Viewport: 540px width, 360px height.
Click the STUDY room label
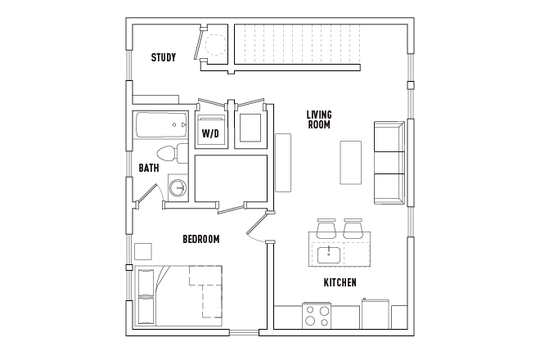click(x=164, y=58)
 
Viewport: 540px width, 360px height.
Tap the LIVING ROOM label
click(x=318, y=119)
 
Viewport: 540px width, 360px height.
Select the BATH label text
click(x=148, y=169)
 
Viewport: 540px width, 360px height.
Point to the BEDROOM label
click(x=200, y=239)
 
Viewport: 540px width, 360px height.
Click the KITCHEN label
click(x=340, y=282)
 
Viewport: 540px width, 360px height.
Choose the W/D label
click(x=210, y=133)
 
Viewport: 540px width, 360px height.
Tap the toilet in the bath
click(x=168, y=153)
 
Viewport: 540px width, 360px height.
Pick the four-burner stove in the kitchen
click(x=317, y=315)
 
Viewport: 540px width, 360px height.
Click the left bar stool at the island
click(x=325, y=228)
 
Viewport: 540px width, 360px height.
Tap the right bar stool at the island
click(x=353, y=228)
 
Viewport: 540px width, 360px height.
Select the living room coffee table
click(x=350, y=162)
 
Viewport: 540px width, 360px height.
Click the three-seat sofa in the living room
click(x=389, y=162)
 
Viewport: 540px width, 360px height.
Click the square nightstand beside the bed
click(x=143, y=251)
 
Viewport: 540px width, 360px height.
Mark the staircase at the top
click(x=299, y=45)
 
